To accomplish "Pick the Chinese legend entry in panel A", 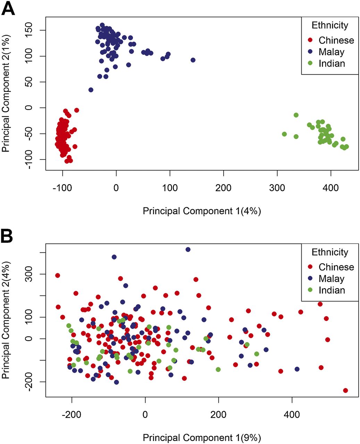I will point(336,40).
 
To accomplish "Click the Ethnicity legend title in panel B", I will point(330,252).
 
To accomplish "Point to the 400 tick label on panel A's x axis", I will point(331,188).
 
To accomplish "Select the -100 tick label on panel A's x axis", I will point(62,188).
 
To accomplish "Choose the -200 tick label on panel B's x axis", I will point(72,415).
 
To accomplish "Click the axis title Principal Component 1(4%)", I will point(202,211).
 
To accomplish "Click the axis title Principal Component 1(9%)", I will point(202,437).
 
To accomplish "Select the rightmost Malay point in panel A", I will point(193,60).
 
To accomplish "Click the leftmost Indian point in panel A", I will point(284,134).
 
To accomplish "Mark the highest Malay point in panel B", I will point(188,249).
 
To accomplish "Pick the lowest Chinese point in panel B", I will point(345,391).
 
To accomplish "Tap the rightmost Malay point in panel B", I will point(297,369).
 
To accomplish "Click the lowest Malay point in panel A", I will point(91,90).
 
